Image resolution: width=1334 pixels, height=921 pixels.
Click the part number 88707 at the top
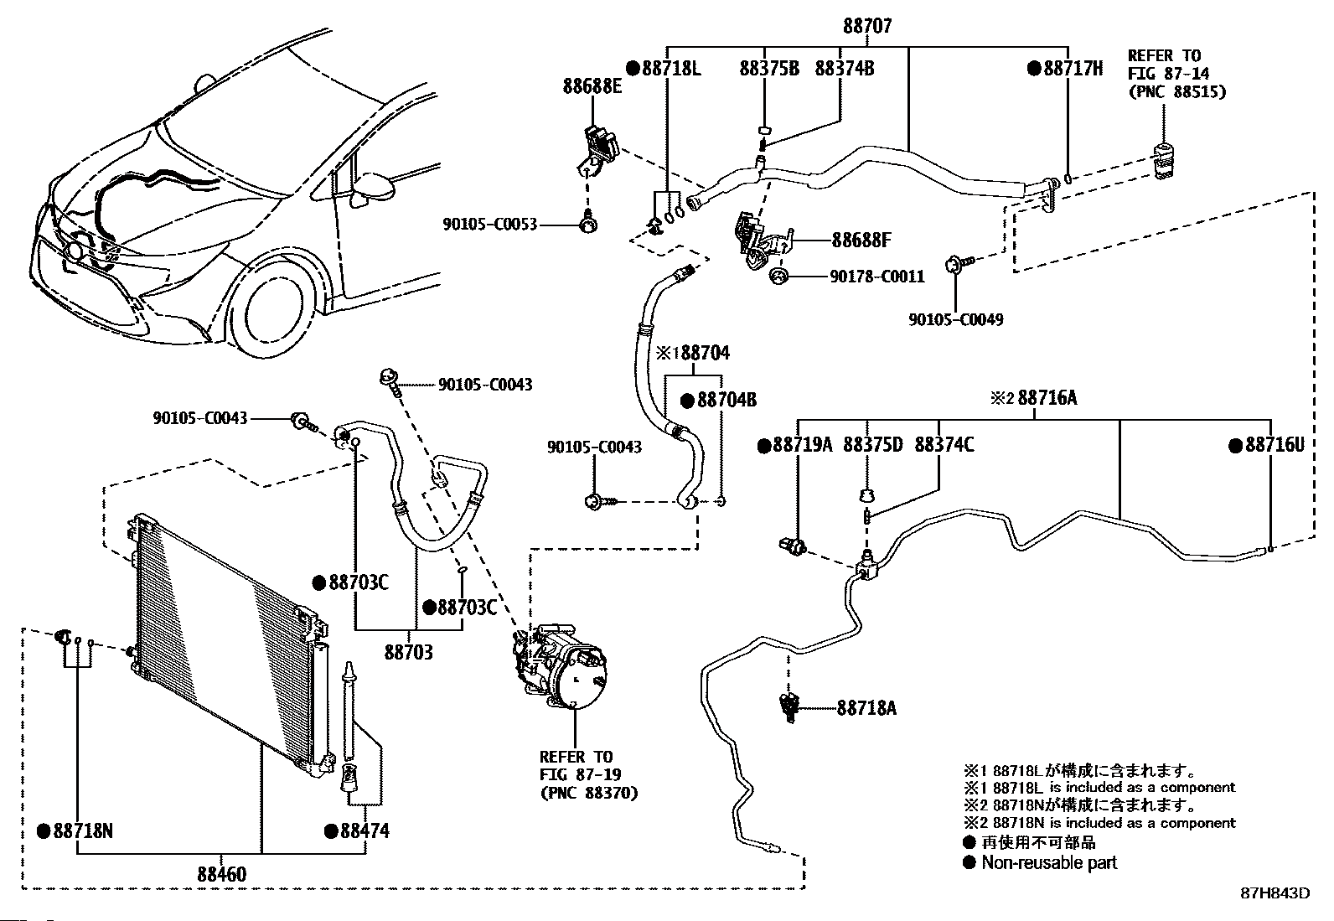867,26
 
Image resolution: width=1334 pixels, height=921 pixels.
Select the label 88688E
592,86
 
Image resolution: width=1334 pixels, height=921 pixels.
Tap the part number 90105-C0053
489,225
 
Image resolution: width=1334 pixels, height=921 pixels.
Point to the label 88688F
861,240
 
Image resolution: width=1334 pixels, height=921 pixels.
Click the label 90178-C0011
877,277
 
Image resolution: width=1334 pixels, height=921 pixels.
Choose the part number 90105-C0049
956,319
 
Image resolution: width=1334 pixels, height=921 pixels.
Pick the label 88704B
726,400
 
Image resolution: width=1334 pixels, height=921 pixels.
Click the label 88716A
1047,397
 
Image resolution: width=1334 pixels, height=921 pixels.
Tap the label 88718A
866,708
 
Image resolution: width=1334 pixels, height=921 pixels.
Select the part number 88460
221,874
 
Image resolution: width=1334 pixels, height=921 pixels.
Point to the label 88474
365,830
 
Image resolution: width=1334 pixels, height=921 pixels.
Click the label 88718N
83,830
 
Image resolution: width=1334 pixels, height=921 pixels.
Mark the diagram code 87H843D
1275,893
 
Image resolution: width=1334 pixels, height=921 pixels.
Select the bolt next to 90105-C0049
959,262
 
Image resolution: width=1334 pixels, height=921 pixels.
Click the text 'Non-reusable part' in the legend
1049,862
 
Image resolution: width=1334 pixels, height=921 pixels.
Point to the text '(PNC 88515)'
1177,92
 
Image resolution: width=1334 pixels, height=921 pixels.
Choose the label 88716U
1275,444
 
